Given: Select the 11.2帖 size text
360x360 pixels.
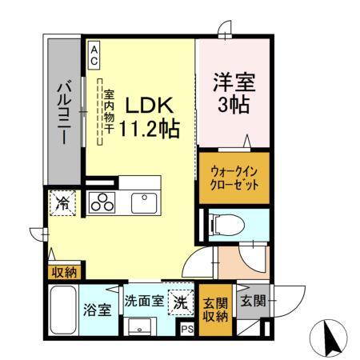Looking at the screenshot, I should click(149, 128).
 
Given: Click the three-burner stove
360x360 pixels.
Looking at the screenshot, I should click(102, 204).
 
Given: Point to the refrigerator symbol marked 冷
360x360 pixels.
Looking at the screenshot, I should click(63, 203).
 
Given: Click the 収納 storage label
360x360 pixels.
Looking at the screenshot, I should click(64, 273).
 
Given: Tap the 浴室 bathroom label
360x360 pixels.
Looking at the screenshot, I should click(98, 310).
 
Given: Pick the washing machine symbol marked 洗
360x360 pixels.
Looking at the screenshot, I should click(182, 302).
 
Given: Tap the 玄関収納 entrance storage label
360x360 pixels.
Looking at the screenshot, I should click(214, 308).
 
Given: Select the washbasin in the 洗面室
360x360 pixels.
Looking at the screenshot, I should click(143, 327).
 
